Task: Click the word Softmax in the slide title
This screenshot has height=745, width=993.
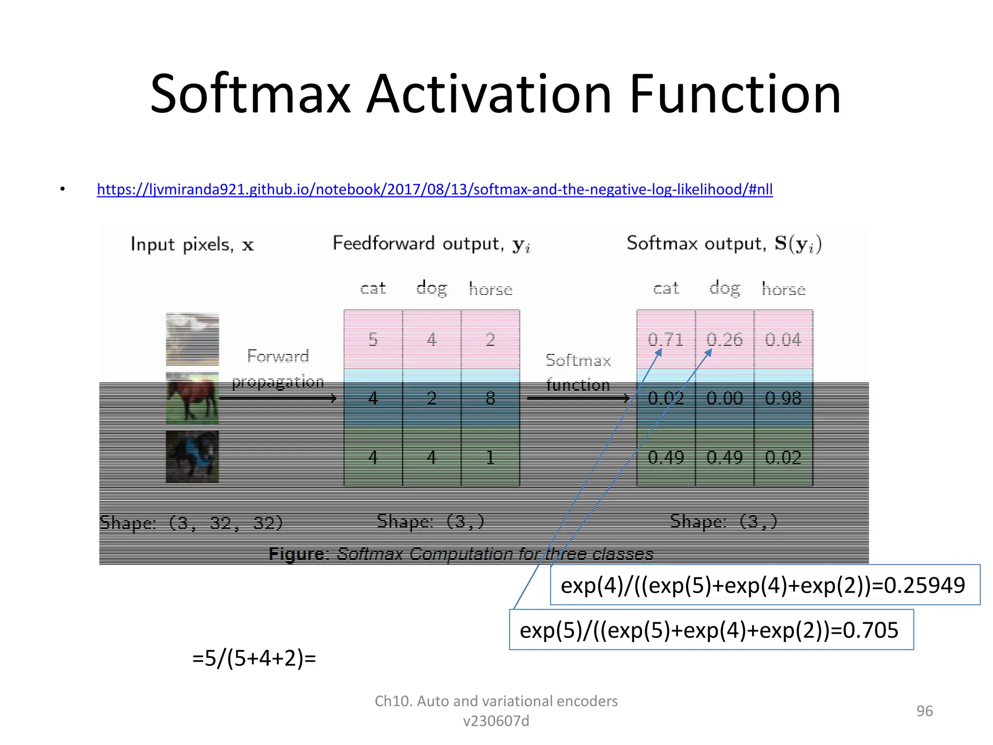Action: coord(250,94)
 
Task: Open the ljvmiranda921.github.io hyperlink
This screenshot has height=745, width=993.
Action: coord(434,189)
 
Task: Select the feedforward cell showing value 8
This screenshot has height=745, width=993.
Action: coord(490,398)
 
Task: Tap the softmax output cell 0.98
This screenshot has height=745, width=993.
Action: coord(783,398)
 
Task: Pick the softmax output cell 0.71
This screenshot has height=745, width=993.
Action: coord(665,340)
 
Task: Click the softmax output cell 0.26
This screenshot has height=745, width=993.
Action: coord(724,340)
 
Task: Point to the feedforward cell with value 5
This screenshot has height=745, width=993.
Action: coord(373,340)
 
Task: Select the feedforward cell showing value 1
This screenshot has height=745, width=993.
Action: coord(490,457)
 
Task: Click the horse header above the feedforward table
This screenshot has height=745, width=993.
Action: coord(490,289)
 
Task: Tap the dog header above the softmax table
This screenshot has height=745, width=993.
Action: coord(724,288)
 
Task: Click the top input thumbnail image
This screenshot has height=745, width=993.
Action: coord(192,339)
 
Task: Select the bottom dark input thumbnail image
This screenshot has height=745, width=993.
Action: coord(192,457)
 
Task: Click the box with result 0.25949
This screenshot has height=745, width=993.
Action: coord(765,585)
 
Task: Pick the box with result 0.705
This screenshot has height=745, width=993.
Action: coord(711,630)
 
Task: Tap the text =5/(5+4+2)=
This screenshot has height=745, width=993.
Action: coord(254,659)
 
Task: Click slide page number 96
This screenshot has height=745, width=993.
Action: coord(924,711)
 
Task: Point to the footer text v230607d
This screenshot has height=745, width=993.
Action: coord(496,721)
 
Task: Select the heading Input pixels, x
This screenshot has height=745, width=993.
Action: coord(192,244)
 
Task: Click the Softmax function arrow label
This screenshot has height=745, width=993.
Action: coord(578,372)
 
